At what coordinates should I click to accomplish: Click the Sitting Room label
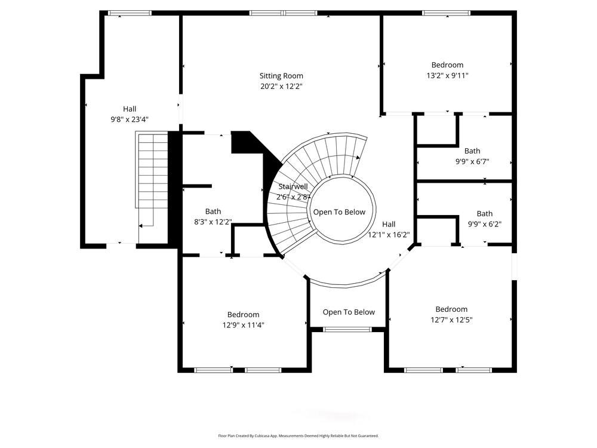pos(281,76)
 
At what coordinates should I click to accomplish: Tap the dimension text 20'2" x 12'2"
pos(281,87)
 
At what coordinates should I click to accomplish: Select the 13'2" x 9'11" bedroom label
pos(447,65)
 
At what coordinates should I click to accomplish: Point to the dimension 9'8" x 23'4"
pos(130,119)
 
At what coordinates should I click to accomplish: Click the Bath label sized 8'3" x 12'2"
pos(213,211)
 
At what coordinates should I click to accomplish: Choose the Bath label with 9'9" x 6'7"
pos(472,151)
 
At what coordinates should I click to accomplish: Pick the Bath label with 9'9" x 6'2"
pos(484,214)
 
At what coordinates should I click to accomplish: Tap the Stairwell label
pos(293,187)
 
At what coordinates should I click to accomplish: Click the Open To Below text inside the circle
pos(339,212)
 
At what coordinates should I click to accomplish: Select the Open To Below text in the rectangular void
pos(349,312)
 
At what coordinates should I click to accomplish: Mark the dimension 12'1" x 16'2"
pos(388,235)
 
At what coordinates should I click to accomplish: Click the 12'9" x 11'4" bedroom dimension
pos(243,326)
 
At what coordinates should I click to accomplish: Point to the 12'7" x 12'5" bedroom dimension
pos(451,320)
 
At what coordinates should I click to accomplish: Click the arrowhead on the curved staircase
pos(357,158)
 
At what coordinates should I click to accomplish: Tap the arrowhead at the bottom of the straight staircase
pos(141,226)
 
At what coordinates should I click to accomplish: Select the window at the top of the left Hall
pos(130,13)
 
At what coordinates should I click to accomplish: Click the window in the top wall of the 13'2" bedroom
pos(446,13)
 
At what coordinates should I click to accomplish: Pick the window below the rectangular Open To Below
pos(347,329)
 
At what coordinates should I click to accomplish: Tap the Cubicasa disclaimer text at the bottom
pos(298,436)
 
